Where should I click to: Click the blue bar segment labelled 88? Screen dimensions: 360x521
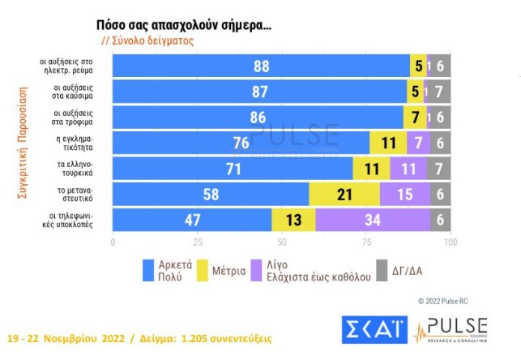point(261,66)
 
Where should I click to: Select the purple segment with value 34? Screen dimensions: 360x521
point(373,220)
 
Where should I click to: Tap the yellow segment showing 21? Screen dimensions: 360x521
point(344,195)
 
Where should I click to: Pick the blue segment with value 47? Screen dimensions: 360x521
point(192,220)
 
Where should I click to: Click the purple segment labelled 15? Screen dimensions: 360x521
point(404,195)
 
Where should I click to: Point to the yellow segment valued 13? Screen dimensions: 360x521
point(293,220)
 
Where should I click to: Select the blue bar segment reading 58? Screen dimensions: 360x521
point(211,195)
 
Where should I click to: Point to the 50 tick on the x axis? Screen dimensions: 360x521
point(282,242)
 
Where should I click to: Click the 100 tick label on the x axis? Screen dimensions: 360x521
point(450,242)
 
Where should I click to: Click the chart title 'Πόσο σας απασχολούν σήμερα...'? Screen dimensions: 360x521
point(184,25)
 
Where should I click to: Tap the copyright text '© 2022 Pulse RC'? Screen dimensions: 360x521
point(442,301)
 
